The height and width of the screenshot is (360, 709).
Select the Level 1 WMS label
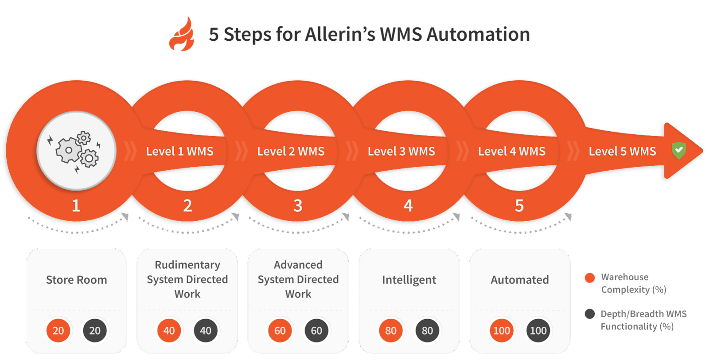(179, 151)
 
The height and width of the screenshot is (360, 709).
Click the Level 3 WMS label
(401, 151)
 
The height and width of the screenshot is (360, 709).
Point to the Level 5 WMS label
(622, 151)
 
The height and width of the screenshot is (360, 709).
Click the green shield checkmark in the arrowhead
(678, 150)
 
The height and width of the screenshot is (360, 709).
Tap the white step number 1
(76, 206)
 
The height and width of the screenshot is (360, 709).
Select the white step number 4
(408, 206)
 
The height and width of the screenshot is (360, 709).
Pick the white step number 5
(519, 206)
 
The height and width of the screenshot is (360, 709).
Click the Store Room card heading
(77, 280)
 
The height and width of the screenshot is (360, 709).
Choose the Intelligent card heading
(409, 280)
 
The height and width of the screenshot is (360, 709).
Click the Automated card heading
(520, 280)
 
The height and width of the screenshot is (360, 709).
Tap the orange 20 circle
(58, 330)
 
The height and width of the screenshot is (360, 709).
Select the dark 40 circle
(206, 330)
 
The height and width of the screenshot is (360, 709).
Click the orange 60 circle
(280, 330)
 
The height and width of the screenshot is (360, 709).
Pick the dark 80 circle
(427, 330)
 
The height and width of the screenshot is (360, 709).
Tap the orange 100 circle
(502, 330)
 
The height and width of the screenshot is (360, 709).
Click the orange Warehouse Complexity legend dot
(590, 278)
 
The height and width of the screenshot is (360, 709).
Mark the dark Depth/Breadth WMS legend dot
(590, 314)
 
